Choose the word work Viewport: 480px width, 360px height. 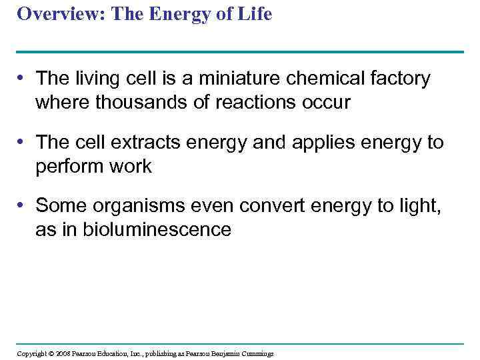pos(133,167)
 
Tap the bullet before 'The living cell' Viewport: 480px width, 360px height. pos(23,79)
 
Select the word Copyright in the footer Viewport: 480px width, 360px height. pos(31,353)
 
